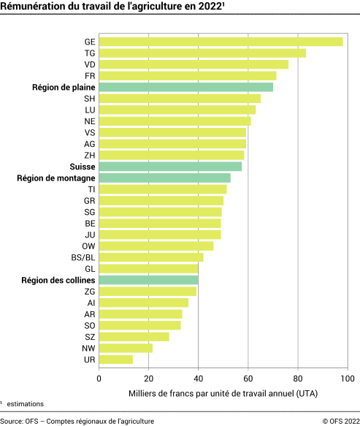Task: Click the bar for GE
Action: [221, 42]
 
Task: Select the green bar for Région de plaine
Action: [185, 87]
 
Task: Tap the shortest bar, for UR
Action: [115, 360]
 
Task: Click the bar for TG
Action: [202, 53]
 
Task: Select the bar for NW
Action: [126, 348]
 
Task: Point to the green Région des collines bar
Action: [148, 280]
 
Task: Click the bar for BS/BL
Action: [150, 257]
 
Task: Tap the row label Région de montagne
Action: [58, 178]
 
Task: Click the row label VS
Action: [89, 132]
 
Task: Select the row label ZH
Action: [89, 155]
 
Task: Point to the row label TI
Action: [91, 189]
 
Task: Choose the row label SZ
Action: [89, 337]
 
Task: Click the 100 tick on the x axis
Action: [348, 379]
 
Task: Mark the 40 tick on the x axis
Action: [198, 379]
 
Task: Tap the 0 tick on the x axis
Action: [99, 379]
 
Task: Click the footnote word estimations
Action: [26, 403]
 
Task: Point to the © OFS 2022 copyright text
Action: [338, 420]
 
